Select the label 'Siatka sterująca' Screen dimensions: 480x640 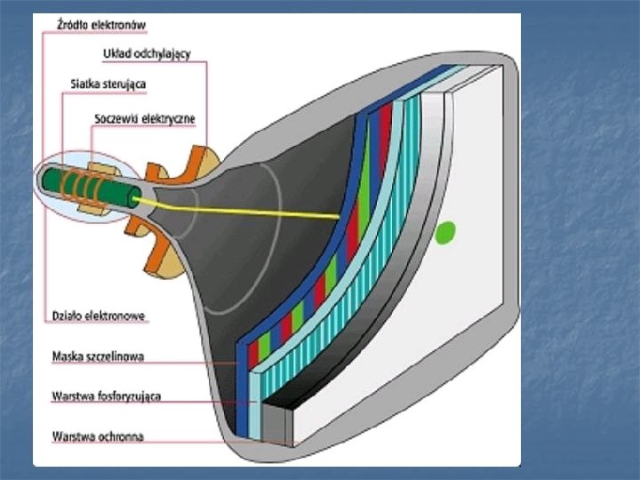coord(108,84)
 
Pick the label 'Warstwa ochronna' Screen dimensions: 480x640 coord(99,436)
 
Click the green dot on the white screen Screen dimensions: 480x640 coord(445,233)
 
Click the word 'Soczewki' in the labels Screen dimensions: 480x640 coord(116,117)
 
